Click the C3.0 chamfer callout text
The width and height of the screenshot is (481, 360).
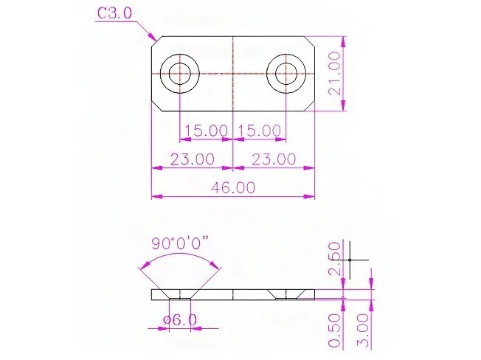pyautogui.click(x=114, y=13)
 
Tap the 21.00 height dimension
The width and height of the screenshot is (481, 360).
pyautogui.click(x=334, y=73)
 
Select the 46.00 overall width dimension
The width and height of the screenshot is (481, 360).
pyautogui.click(x=233, y=187)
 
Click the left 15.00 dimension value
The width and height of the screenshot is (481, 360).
pyautogui.click(x=206, y=131)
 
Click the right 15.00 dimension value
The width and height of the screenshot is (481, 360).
pyautogui.click(x=259, y=131)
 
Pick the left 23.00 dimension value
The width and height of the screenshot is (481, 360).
pyautogui.click(x=193, y=159)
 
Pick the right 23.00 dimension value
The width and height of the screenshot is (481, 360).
pyautogui.click(x=274, y=159)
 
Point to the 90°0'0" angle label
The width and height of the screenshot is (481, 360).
pyautogui.click(x=180, y=243)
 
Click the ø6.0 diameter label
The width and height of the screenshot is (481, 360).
pyautogui.click(x=180, y=320)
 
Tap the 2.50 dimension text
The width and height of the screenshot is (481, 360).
pyautogui.click(x=334, y=258)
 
